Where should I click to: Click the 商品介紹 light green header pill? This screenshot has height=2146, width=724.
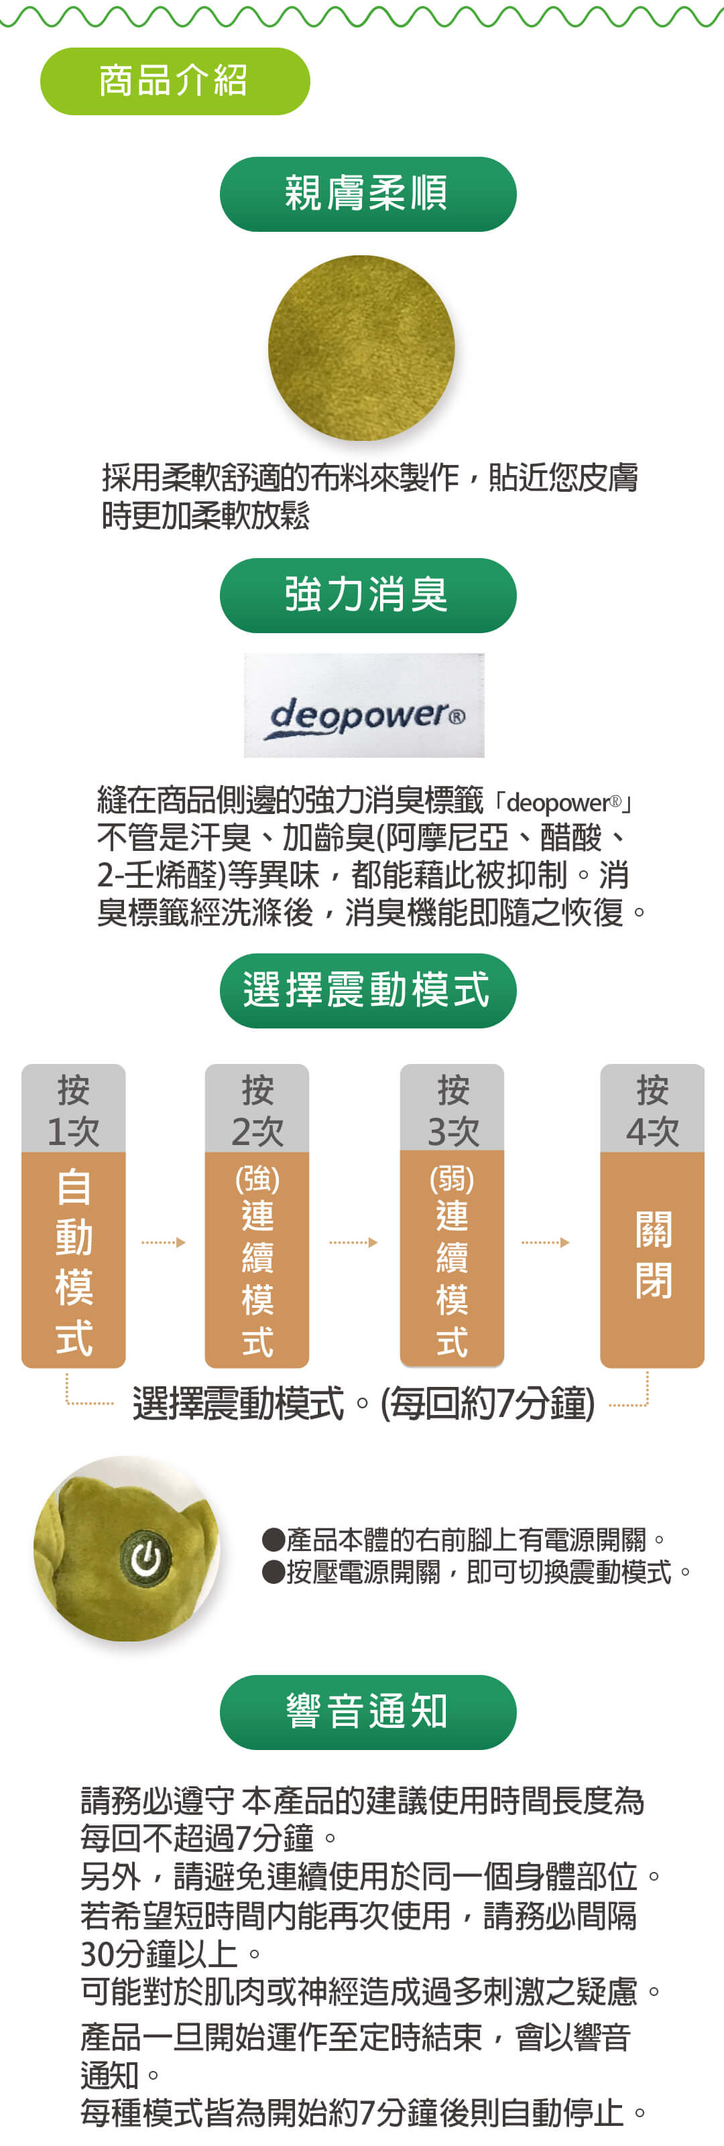[x=175, y=81]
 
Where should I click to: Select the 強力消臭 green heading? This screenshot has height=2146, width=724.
[x=367, y=595]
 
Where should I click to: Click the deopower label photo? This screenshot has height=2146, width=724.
[x=364, y=705]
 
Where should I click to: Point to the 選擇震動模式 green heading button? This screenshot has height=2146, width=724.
[x=367, y=990]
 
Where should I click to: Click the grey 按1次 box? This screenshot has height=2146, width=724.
[x=73, y=1108]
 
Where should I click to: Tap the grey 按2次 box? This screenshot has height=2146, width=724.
[x=257, y=1108]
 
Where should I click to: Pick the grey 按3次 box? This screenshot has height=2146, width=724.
[x=452, y=1108]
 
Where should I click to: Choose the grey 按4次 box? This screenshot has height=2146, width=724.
[x=652, y=1108]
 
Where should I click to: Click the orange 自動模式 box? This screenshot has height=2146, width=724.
[x=73, y=1260]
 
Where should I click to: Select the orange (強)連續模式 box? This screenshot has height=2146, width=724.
[x=257, y=1260]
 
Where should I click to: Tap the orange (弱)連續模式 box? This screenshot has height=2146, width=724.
[x=452, y=1259]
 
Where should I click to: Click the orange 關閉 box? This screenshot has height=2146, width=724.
[x=652, y=1260]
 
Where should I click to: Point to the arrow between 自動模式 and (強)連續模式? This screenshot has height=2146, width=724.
[x=164, y=1242]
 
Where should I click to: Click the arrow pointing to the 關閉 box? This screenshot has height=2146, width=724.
[x=546, y=1242]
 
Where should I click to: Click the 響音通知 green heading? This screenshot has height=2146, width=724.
[x=367, y=1712]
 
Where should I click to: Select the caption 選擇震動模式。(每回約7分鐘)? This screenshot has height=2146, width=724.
[x=364, y=1404]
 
